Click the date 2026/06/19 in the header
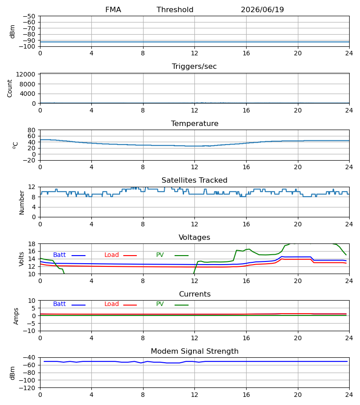(262, 10)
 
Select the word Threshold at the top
(175, 10)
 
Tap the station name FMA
(113, 10)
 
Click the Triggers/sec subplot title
(194, 67)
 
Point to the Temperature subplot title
(194, 123)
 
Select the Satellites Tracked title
(194, 180)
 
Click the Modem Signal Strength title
(194, 351)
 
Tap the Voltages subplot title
(194, 237)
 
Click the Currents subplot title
(195, 294)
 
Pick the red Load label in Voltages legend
(112, 255)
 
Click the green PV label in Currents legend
(160, 304)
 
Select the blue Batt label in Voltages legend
(59, 255)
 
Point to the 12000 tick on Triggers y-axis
(26, 74)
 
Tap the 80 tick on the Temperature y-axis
(31, 130)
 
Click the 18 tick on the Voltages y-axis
(31, 244)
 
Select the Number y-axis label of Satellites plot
(22, 203)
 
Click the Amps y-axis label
(16, 316)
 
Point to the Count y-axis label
(10, 89)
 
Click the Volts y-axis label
(22, 259)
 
